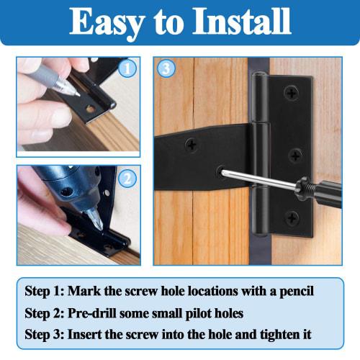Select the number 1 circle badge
pos(127,69)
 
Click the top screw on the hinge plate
pos(292,93)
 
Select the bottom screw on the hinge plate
pos(292,217)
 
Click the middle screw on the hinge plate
pos(295,155)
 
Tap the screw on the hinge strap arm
pos(192,145)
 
